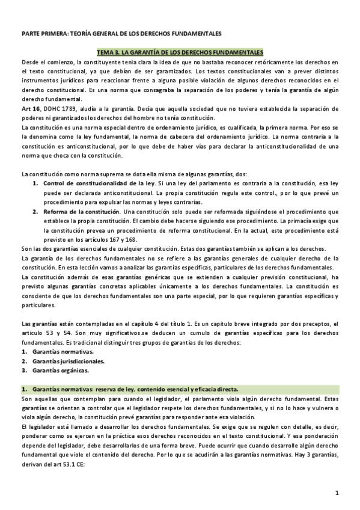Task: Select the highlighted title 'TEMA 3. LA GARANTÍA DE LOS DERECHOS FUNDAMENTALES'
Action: (x=180, y=53)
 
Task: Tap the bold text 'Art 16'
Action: (x=29, y=108)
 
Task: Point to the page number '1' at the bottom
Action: (x=337, y=493)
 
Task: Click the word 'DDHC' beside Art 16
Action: (x=51, y=108)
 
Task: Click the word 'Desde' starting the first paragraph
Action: (x=29, y=63)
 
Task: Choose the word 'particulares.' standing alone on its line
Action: (x=38, y=305)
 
